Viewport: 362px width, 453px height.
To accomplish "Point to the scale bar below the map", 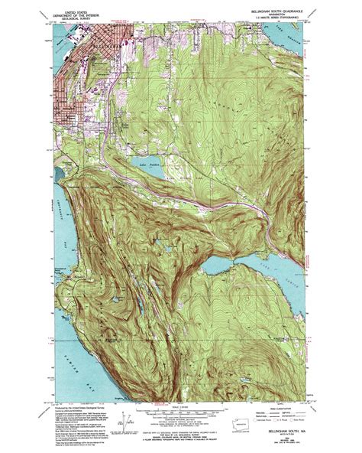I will pos(180,406).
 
